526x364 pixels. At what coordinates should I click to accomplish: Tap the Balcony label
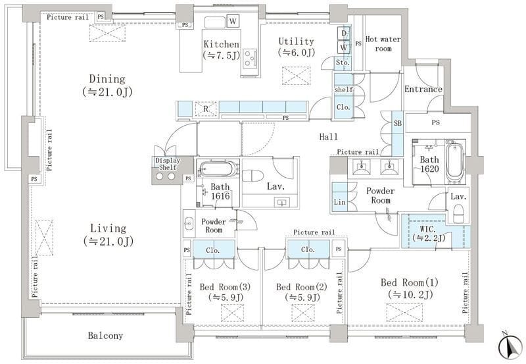105,336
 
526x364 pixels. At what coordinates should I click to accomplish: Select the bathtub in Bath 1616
217,169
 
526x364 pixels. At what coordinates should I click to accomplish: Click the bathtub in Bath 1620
454,162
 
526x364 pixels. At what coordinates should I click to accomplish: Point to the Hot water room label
383,43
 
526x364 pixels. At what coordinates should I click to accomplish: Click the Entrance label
423,90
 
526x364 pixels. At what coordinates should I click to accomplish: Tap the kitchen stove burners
250,59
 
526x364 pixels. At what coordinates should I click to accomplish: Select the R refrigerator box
206,109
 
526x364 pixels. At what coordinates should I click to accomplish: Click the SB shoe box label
398,123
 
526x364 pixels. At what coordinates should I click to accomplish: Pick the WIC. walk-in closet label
429,234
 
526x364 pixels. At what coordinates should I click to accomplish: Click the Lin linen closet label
339,202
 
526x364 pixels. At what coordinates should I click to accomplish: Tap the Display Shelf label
168,164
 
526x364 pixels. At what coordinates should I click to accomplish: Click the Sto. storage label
343,63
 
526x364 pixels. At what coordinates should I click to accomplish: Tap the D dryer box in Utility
344,34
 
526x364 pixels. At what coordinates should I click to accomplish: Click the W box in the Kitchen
233,22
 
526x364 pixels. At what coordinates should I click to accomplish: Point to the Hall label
328,137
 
